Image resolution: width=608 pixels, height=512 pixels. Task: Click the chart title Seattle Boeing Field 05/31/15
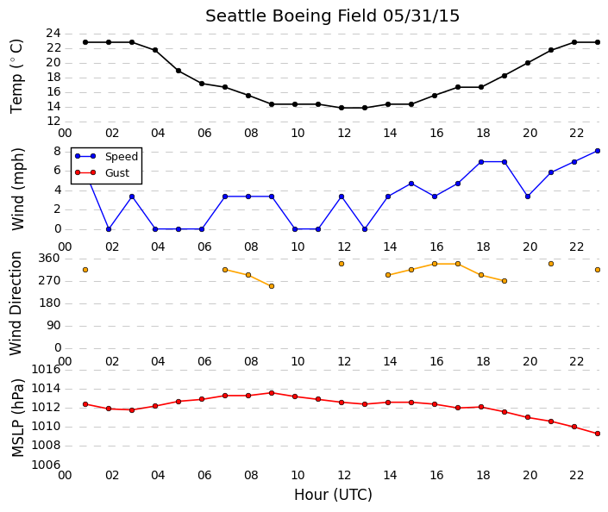332,16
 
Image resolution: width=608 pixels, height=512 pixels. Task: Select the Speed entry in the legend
122,156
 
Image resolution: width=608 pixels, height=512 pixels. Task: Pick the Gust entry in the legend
117,172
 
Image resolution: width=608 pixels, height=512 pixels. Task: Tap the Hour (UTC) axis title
333,495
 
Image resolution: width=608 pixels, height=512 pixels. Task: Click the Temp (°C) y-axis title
16,77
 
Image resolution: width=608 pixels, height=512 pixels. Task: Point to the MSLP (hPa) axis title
18,417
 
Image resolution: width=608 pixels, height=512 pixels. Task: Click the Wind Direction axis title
16,303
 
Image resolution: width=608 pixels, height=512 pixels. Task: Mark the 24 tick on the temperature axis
53,34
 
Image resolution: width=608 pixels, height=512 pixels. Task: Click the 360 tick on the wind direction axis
49,258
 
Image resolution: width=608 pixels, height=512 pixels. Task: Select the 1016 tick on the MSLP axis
47,369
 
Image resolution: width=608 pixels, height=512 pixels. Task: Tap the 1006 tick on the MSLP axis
47,465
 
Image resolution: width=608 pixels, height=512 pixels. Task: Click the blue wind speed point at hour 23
598,151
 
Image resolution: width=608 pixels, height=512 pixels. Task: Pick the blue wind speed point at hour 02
109,229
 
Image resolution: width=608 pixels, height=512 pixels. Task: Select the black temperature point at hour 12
342,108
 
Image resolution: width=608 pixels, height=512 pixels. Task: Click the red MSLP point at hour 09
272,393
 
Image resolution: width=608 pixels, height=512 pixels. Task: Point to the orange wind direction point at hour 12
342,264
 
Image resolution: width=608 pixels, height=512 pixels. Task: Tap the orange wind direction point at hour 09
272,286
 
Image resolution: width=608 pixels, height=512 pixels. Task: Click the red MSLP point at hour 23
598,434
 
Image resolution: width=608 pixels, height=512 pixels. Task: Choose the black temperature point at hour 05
179,71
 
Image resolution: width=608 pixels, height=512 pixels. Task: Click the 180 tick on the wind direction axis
50,303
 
